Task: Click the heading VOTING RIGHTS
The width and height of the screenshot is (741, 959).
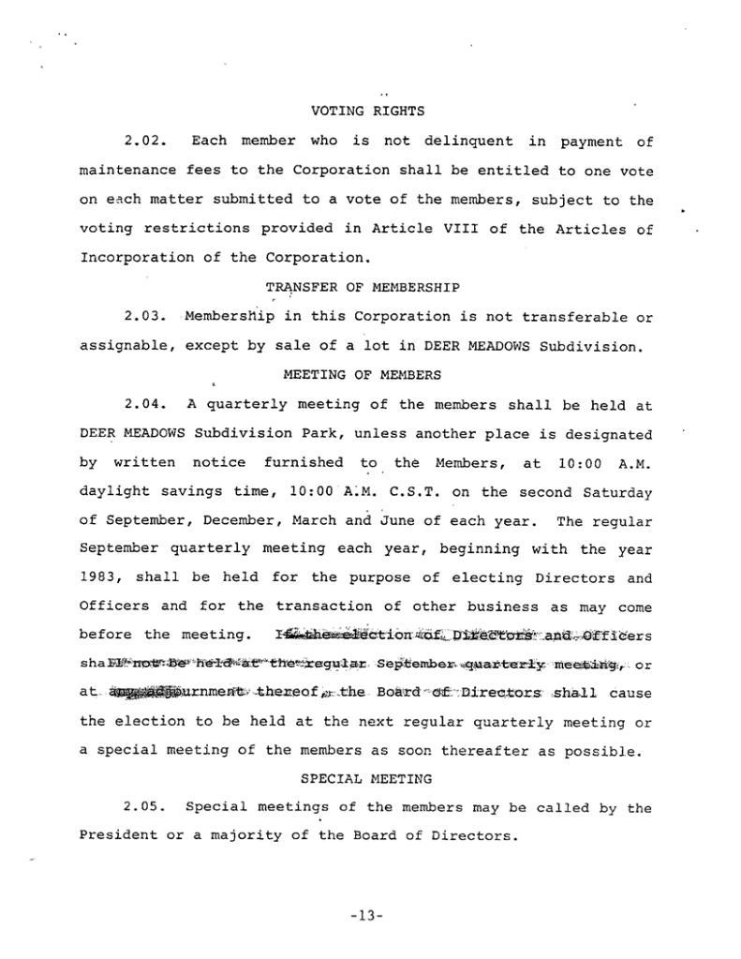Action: pos(367,112)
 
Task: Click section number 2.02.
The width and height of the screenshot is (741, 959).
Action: pos(144,142)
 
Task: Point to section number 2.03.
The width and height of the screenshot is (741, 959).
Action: pos(144,317)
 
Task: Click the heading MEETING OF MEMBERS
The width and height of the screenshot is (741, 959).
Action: pos(362,375)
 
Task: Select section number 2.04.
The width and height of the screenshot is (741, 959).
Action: pos(144,405)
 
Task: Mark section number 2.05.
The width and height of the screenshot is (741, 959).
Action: pos(144,808)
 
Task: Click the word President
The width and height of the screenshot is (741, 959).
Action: pos(117,836)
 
